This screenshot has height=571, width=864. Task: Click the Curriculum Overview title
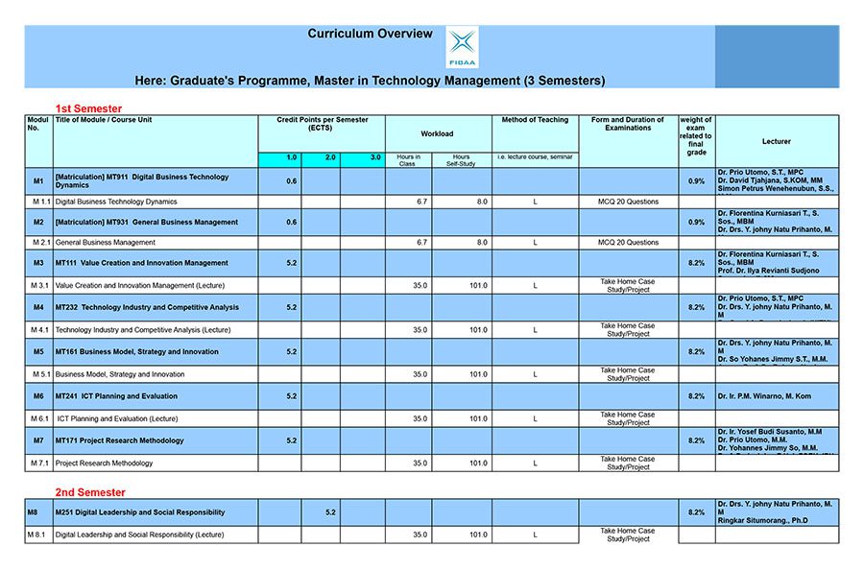tap(370, 34)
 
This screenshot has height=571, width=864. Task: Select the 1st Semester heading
tap(89, 108)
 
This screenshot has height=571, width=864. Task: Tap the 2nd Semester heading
tap(90, 492)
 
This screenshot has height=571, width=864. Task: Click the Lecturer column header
tap(776, 141)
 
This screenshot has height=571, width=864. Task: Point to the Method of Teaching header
tap(535, 120)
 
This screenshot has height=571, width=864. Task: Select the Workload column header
tap(437, 133)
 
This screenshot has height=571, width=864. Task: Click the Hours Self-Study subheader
tap(461, 158)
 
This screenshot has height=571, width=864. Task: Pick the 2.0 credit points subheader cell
tap(329, 156)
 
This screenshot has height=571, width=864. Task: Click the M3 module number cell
tap(38, 263)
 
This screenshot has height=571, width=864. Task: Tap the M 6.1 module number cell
tap(38, 418)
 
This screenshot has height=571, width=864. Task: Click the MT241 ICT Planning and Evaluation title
tap(116, 396)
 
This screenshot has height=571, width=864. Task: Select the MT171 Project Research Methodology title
tap(119, 440)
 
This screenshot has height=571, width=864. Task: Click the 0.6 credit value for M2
tap(291, 223)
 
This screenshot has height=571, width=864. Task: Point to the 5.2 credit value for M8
tap(330, 512)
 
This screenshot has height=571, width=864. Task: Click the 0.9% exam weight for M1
tap(696, 181)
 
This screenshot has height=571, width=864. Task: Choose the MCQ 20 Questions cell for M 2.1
tap(628, 243)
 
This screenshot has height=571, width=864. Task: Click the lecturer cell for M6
tap(776, 396)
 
